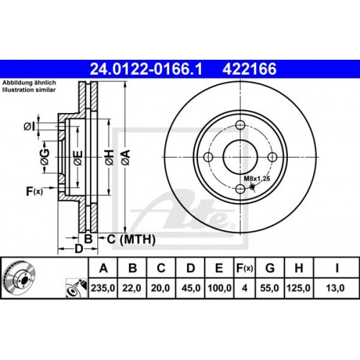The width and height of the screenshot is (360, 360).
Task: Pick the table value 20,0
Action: (x=161, y=288)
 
